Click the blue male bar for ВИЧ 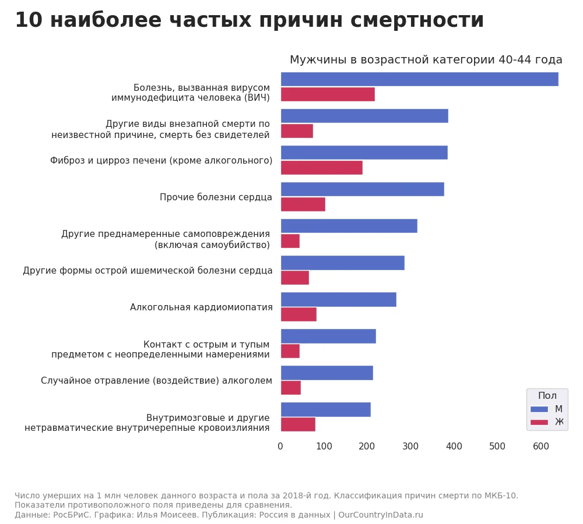(x=419, y=79)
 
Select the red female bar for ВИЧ (x=328, y=94)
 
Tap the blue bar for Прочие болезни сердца (x=362, y=189)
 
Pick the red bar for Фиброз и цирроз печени (x=321, y=168)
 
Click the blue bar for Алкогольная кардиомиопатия (x=338, y=299)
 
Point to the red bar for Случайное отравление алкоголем (x=290, y=388)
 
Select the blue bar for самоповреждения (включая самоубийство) (x=349, y=226)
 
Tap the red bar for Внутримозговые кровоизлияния (x=298, y=424)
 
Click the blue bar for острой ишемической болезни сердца (x=342, y=263)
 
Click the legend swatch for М (x=539, y=409)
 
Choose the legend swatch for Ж (x=539, y=422)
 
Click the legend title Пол (x=547, y=396)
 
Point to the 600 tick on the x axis (x=541, y=447)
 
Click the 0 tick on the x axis (x=280, y=447)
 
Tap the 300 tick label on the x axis (x=410, y=447)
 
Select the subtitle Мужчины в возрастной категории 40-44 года (x=426, y=60)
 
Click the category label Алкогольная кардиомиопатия (x=201, y=307)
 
